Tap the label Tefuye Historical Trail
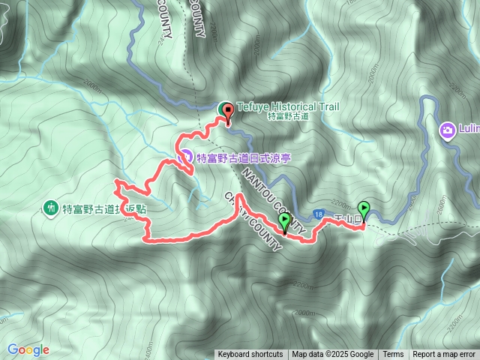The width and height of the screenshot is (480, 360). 287,106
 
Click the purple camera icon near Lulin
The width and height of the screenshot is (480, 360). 447,130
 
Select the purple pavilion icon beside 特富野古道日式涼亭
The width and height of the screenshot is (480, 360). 187,157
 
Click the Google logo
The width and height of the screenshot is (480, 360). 28,349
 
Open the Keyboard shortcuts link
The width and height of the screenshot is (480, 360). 250,355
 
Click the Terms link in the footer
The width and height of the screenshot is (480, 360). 393,355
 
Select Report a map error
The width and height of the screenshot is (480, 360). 444,355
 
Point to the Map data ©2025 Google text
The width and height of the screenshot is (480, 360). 333,355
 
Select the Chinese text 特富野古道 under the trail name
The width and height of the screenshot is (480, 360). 287,117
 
